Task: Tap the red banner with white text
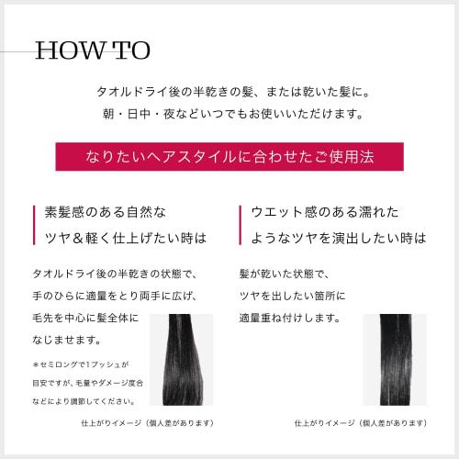point(229,157)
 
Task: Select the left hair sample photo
point(186,360)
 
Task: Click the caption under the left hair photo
point(147,423)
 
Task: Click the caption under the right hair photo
point(360,423)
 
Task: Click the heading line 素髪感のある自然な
point(106,212)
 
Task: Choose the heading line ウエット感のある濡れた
point(325,212)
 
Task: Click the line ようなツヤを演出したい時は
point(339,237)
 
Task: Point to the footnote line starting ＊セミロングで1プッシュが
point(87,364)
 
